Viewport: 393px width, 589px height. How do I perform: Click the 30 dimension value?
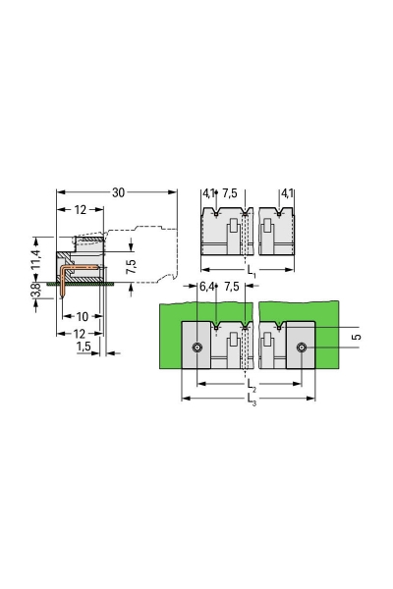[118, 192]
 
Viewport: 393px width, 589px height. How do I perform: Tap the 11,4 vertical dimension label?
[35, 259]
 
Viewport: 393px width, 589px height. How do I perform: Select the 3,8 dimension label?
[36, 291]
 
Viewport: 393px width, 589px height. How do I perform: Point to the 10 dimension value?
[83, 317]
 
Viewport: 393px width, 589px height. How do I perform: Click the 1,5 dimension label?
[84, 346]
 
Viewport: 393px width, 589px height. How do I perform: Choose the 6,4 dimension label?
[206, 287]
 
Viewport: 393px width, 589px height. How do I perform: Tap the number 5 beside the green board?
[356, 337]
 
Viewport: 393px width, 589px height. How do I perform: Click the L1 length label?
[251, 271]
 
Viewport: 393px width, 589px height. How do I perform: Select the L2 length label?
[251, 385]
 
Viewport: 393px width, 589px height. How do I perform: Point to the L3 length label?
[252, 400]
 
